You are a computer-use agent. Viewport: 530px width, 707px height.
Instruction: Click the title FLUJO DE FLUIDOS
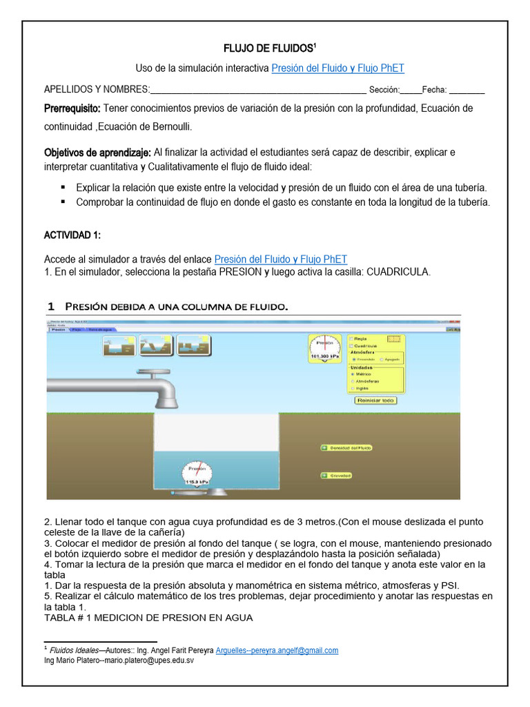click(269, 48)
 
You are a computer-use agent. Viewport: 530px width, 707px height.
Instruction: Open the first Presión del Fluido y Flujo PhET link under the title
click(337, 68)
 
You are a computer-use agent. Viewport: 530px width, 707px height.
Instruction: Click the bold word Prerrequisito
click(72, 108)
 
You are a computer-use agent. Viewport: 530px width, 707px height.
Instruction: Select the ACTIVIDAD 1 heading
click(72, 235)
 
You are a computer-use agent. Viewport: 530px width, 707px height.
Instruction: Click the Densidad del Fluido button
click(346, 447)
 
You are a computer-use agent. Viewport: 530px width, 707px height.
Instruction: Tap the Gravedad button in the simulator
click(337, 475)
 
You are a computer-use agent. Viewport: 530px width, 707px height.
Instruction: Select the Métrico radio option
click(354, 374)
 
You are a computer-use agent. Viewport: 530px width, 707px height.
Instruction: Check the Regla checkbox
click(352, 339)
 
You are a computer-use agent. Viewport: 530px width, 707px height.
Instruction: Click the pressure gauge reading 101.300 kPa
click(324, 349)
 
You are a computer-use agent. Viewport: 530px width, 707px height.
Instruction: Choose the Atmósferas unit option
click(354, 381)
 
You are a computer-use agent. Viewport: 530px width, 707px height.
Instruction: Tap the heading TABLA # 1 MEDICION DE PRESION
click(148, 618)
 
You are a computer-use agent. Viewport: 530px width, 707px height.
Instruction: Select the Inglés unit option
click(354, 388)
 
